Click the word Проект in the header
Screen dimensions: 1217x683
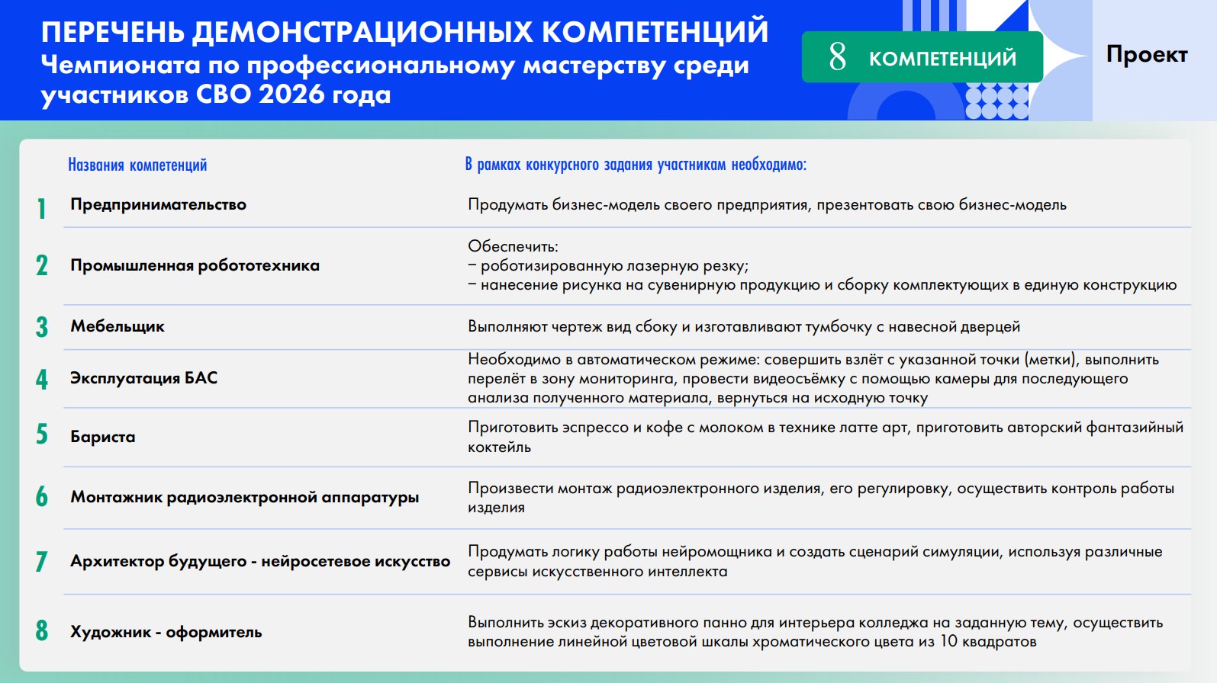click(x=1146, y=55)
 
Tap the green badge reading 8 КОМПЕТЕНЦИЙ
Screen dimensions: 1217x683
click(x=922, y=57)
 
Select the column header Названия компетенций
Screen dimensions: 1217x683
click(x=137, y=165)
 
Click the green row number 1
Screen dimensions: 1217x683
click(x=41, y=209)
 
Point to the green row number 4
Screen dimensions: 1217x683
click(x=42, y=380)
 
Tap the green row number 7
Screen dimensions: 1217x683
click(x=41, y=561)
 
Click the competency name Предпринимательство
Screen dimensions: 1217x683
click(x=158, y=204)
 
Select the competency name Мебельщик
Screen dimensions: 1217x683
click(x=118, y=326)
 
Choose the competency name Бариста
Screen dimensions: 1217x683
click(x=103, y=437)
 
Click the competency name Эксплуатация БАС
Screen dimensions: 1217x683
click(x=144, y=378)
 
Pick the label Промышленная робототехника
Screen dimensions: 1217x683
click(x=195, y=265)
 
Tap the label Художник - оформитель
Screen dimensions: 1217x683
click(x=166, y=632)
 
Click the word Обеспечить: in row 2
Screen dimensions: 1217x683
click(x=513, y=246)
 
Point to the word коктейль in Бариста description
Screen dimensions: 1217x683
click(x=499, y=447)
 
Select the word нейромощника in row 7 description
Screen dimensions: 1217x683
click(x=715, y=552)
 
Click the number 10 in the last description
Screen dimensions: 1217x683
click(x=948, y=641)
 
